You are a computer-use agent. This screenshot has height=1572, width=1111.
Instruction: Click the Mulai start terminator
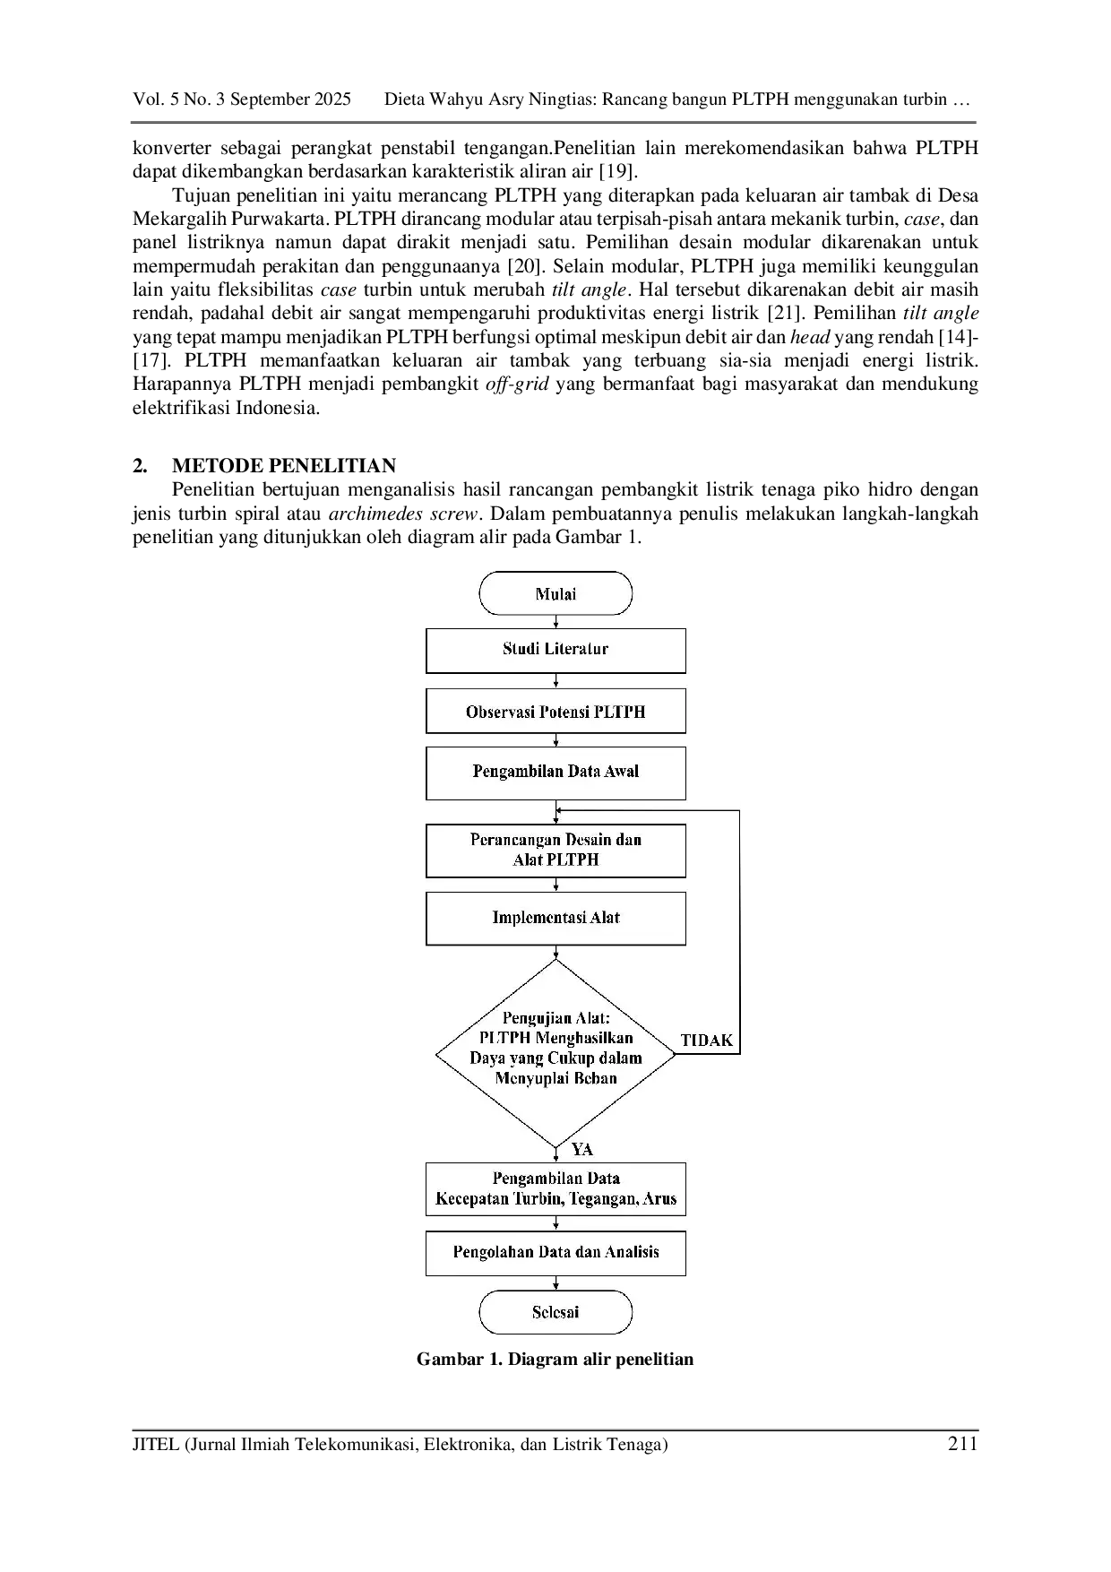555,593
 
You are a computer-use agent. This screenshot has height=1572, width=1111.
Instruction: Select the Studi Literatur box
555,651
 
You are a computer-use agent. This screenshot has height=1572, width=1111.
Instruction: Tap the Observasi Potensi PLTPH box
555,712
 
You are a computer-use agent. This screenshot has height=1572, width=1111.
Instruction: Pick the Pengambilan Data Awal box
555,773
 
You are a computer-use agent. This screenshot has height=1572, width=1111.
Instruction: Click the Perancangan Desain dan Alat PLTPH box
555,851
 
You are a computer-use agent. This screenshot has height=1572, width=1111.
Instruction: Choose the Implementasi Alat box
555,918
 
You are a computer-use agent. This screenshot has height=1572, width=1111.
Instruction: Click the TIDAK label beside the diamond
707,1041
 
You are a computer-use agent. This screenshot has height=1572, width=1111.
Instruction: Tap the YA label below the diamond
582,1149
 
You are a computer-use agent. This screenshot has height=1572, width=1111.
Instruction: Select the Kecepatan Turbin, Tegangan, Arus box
555,1189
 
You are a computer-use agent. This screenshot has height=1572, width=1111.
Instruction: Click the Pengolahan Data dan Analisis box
555,1253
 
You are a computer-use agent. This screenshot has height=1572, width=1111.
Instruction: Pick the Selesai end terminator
555,1312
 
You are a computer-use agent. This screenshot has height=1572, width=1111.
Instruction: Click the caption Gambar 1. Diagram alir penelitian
555,1359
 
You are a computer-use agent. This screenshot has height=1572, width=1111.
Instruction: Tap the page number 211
962,1444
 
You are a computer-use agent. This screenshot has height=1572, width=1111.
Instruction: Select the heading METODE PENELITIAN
284,466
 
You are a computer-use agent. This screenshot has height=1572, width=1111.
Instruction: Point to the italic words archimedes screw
405,514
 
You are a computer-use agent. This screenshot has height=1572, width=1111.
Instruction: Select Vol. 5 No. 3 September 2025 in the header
242,99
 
